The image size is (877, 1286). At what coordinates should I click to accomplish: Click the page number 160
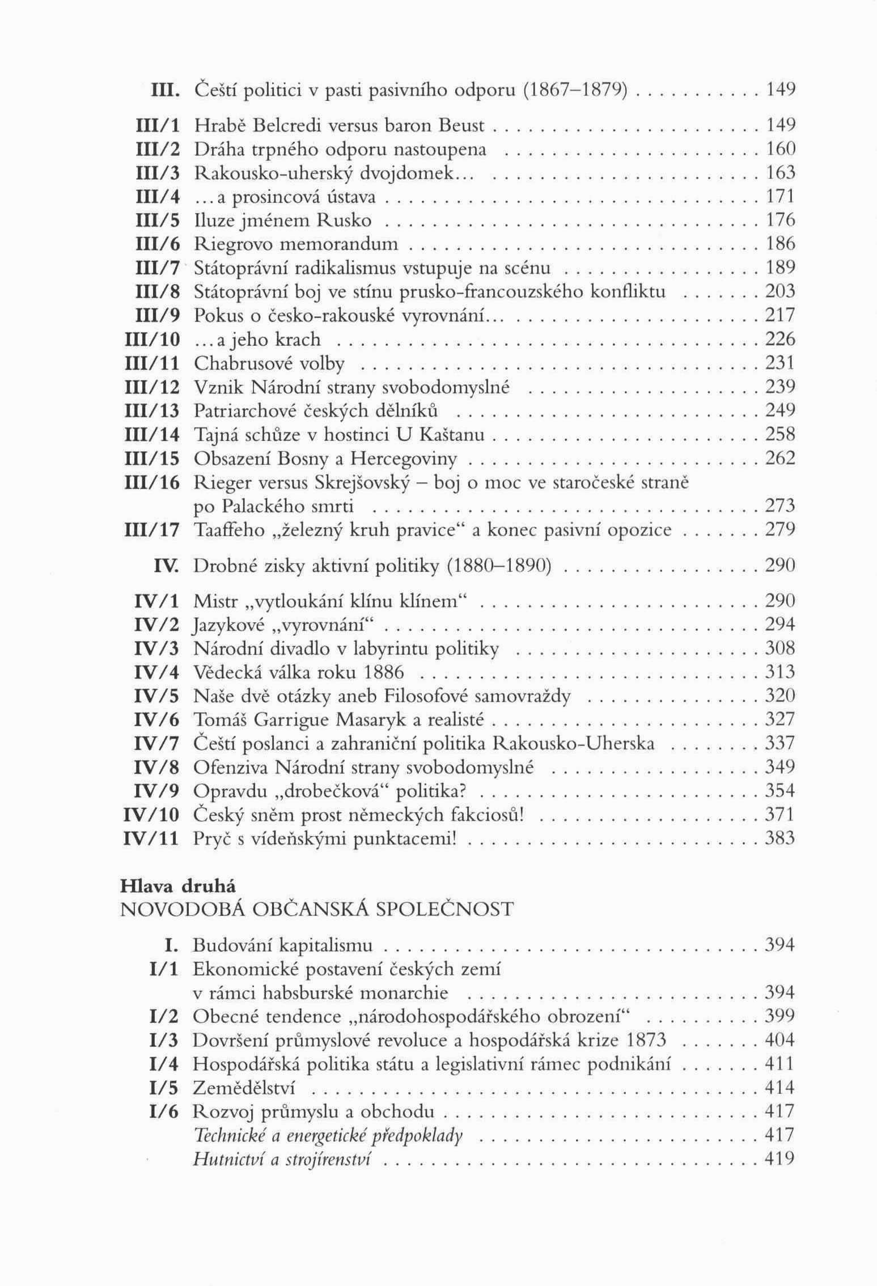[x=781, y=148]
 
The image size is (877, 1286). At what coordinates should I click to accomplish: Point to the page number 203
[x=780, y=291]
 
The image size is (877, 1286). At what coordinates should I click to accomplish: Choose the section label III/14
[x=152, y=435]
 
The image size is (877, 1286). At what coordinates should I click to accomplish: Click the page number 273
[x=780, y=506]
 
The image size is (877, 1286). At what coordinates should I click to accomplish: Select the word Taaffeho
[x=229, y=530]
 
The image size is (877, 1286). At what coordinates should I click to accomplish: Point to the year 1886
[x=384, y=673]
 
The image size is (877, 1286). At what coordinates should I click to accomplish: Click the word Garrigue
[x=291, y=720]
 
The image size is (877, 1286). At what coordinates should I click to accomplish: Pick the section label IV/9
[x=156, y=791]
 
